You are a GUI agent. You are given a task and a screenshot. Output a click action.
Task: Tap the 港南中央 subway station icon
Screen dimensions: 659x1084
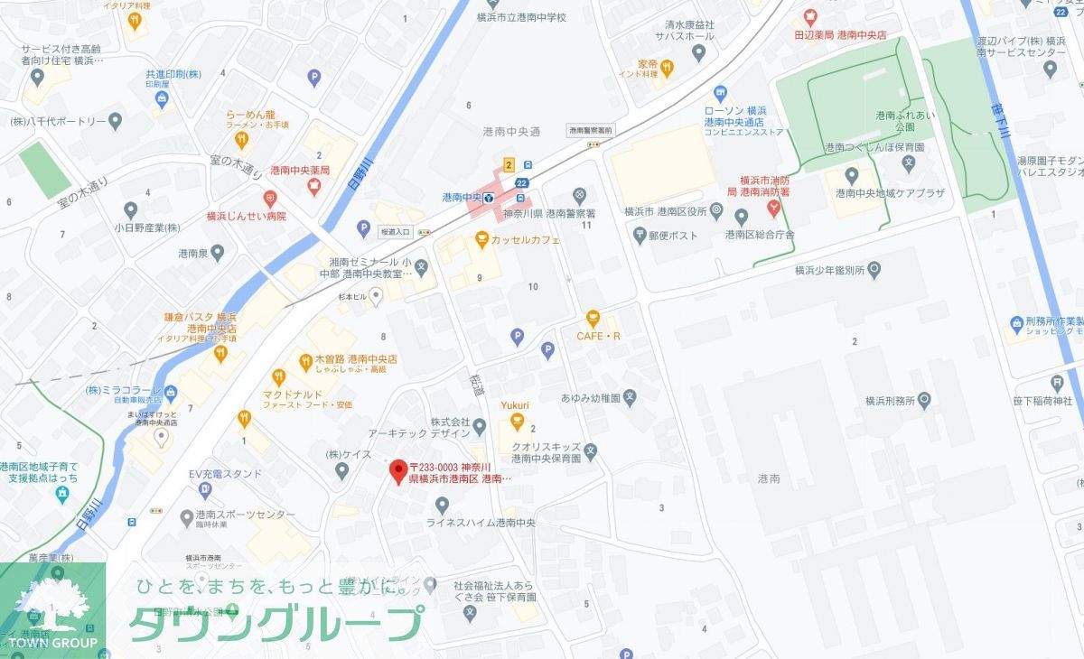point(489,197)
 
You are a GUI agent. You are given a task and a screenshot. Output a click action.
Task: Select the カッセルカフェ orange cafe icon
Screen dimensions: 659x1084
point(482,240)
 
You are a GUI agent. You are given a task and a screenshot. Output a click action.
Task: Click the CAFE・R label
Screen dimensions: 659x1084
point(599,337)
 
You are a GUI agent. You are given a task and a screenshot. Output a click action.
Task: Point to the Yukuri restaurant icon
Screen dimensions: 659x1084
point(517,421)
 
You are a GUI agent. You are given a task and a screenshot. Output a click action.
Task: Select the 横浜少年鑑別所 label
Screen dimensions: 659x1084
point(829,269)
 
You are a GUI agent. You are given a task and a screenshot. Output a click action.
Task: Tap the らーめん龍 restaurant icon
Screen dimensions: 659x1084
point(241,140)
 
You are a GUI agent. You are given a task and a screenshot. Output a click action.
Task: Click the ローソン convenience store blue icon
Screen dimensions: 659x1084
point(720,93)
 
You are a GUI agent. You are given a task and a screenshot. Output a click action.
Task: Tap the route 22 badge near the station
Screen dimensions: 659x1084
point(522,181)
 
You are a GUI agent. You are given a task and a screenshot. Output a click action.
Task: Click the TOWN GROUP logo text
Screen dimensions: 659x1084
point(52,642)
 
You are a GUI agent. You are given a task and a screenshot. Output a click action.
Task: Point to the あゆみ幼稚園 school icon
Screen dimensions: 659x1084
point(631,396)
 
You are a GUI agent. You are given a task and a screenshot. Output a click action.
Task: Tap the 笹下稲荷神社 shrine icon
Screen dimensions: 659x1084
point(1058,382)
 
